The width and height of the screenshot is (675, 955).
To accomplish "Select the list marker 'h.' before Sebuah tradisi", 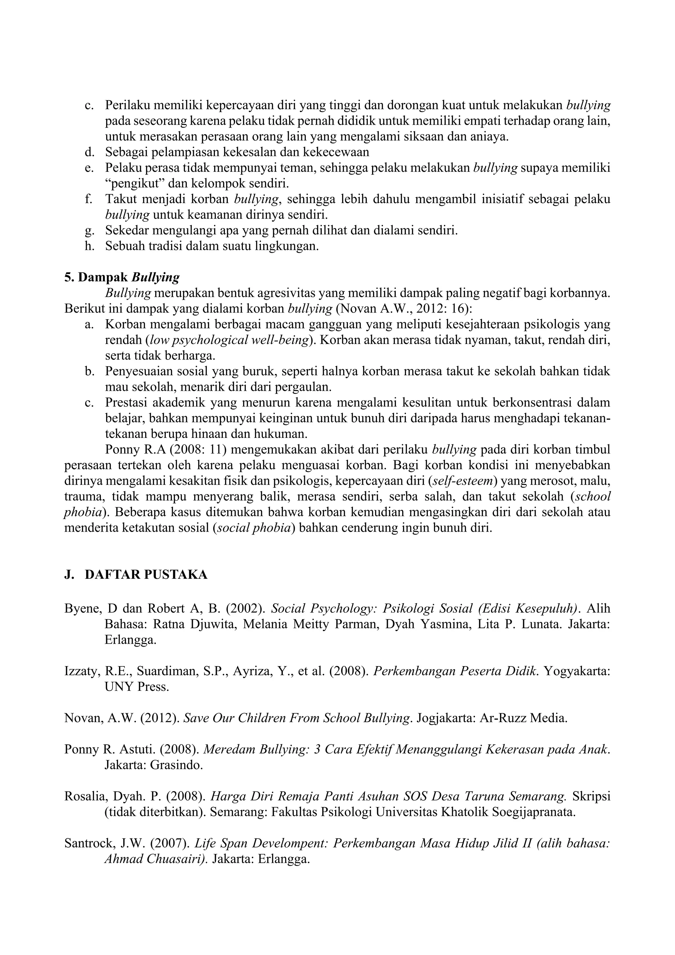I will (x=89, y=246).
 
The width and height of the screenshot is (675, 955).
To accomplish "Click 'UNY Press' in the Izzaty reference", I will (x=137, y=687).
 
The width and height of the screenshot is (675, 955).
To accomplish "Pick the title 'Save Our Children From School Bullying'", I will (x=296, y=718).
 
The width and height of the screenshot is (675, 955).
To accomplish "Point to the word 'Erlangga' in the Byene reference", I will (x=130, y=640).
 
